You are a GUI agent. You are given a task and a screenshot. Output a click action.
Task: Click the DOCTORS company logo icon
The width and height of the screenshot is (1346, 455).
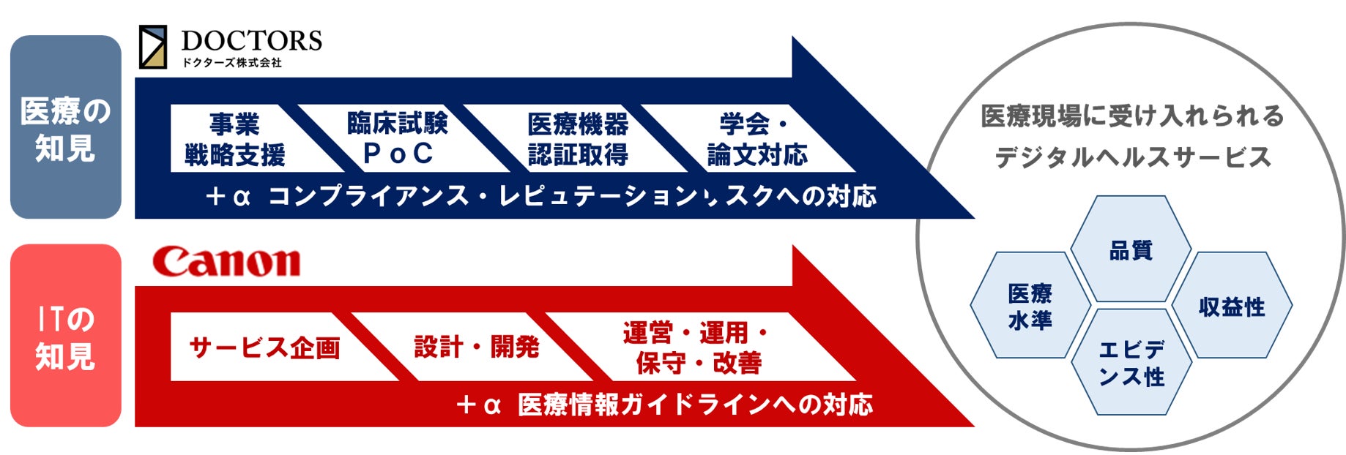point(153,47)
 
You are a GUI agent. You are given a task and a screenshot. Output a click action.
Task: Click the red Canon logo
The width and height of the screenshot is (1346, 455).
point(226,262)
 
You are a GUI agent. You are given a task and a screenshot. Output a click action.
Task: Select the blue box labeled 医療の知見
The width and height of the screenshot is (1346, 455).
point(65,127)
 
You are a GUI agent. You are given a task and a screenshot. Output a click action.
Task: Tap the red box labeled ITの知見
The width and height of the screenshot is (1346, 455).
point(65,336)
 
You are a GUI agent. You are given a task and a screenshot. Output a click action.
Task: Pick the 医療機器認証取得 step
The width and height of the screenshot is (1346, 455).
point(577,139)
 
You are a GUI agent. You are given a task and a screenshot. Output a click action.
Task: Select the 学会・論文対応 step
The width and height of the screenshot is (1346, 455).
point(754,139)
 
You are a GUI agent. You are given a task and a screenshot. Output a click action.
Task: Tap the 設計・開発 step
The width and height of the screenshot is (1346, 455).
point(477,347)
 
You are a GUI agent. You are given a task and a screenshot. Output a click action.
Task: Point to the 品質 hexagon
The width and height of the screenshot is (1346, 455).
point(1131,250)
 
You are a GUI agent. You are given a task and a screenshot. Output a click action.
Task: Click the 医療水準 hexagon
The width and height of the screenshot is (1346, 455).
point(1030,306)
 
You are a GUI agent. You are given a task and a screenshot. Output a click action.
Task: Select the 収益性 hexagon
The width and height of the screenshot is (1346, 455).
point(1232,306)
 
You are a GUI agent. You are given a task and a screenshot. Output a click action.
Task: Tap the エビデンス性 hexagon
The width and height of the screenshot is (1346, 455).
point(1131,363)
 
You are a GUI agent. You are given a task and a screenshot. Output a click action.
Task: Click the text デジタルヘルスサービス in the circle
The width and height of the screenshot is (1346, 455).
point(1132,157)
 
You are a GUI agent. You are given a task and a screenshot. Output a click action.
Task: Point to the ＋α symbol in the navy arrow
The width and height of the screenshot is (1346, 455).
point(228,196)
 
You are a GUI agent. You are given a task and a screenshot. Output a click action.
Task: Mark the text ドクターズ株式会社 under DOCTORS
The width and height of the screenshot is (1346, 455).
point(231,63)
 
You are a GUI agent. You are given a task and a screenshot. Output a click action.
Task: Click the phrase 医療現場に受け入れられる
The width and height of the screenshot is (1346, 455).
point(1132,116)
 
